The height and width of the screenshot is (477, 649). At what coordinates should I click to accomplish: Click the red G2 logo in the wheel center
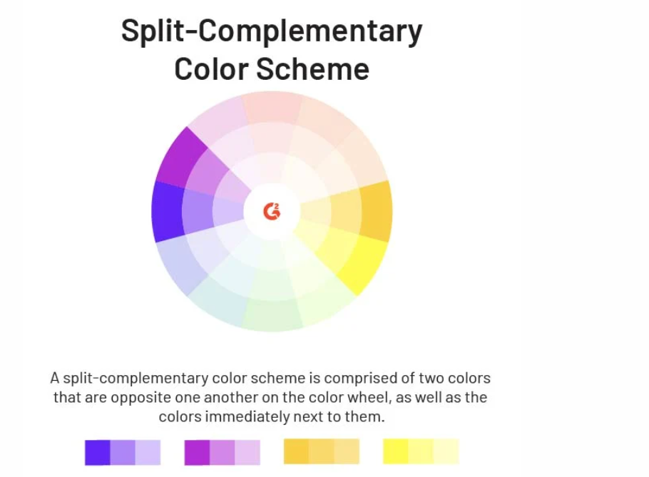pos(272,211)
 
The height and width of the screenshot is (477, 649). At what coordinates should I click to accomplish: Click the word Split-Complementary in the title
pos(272,31)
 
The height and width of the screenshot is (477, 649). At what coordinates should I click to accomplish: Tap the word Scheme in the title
pos(312,68)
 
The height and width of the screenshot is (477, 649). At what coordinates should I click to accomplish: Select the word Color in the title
pos(210,68)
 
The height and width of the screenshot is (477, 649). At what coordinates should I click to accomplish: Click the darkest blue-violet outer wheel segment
pos(168,211)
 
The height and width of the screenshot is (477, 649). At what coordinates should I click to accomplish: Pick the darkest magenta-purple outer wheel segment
pos(181,158)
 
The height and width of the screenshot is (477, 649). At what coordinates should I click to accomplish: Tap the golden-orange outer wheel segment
pos(376,211)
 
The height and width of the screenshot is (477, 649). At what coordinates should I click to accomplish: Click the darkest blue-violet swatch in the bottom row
pos(98,452)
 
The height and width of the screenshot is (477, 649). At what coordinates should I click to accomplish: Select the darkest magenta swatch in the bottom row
pos(197,452)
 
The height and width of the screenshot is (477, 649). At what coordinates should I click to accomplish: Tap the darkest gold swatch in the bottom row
pos(297,451)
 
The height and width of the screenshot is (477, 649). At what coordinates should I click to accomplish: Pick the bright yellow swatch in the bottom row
pos(396,451)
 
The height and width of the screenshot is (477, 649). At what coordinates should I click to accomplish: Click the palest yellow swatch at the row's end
pos(446,451)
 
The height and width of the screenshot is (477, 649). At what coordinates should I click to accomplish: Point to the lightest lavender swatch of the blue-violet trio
pos(148,452)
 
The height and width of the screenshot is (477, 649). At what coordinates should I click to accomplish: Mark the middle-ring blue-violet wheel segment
pos(198,211)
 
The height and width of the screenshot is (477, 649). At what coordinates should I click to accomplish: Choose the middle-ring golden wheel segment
pos(346,211)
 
